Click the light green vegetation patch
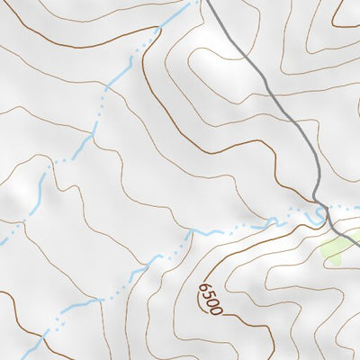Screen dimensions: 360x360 337,246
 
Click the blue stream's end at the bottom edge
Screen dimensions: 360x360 42,358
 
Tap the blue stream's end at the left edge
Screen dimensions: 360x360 2,241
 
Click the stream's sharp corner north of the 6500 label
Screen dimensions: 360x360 191,231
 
